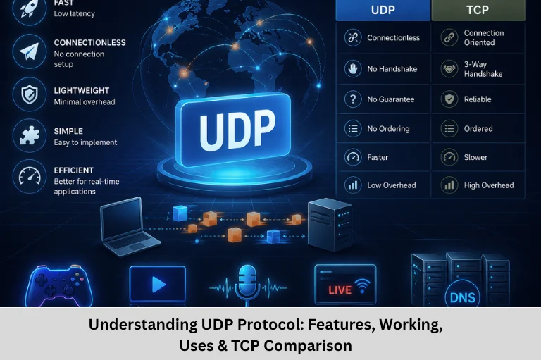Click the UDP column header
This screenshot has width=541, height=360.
coord(383,10)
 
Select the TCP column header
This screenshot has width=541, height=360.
coord(478,10)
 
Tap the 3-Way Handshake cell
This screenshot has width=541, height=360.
coord(478,68)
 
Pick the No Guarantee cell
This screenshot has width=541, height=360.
coord(383,99)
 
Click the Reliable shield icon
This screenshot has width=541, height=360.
coord(449,99)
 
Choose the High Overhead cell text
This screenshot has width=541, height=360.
coord(489,185)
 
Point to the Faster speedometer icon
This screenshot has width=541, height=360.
coord(353,157)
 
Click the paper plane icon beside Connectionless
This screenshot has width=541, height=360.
coord(30,51)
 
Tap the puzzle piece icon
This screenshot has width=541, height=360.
coord(30,135)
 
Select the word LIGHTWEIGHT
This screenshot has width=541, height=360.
coord(82,90)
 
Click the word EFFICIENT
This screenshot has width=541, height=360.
coord(74,170)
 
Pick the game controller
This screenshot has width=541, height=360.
coord(59,286)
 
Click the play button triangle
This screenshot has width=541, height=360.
coord(158,285)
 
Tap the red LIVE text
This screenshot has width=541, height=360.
coord(340,290)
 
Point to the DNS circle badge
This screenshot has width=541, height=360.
coord(462,295)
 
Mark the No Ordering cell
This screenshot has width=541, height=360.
coord(383,129)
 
